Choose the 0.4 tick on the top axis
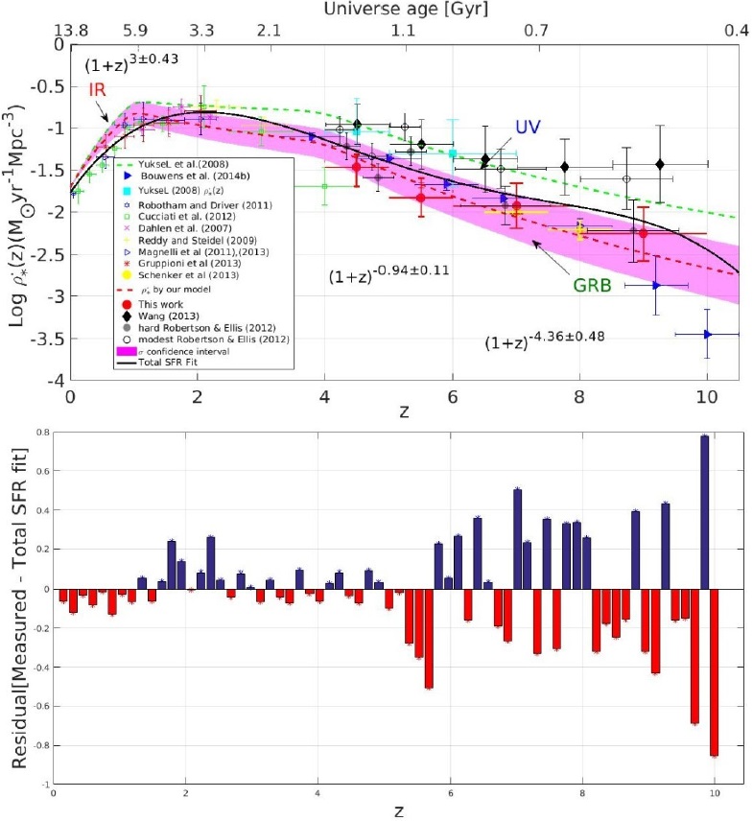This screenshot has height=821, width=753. (737, 31)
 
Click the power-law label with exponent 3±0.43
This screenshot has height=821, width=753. (132, 65)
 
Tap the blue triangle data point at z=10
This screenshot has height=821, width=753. (708, 334)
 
